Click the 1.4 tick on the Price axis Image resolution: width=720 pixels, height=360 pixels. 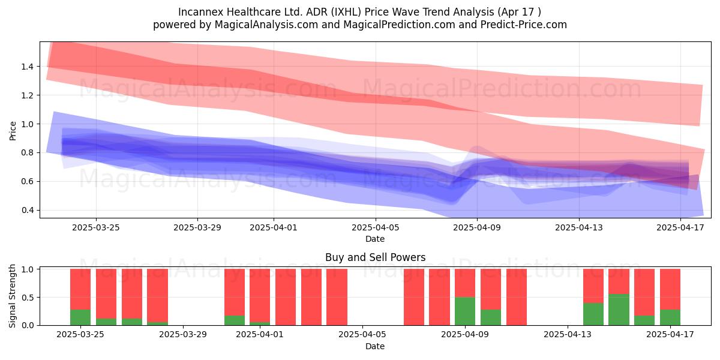point(28,67)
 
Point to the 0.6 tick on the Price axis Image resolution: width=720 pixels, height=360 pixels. point(28,181)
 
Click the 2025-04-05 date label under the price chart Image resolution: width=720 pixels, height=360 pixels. point(375,227)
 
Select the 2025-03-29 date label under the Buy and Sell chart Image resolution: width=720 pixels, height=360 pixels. point(183,335)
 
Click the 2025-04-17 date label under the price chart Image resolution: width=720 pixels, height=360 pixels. point(680,227)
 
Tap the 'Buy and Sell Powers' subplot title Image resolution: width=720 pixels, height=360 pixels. point(375,257)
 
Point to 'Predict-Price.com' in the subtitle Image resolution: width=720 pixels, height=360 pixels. point(524,25)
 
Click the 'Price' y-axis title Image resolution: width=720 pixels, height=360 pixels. point(13,131)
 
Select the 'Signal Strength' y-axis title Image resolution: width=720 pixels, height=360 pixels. point(12,296)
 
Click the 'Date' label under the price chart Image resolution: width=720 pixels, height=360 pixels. point(375,239)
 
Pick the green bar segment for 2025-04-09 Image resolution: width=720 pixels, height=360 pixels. point(465,311)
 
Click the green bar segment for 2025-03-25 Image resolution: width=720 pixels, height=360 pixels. point(80,317)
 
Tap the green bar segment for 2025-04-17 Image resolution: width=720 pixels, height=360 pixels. point(670,317)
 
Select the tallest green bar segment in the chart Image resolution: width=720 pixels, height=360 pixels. point(619,310)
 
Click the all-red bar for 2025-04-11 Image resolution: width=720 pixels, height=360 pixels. point(517,297)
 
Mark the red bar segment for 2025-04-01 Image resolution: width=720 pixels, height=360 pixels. point(260,295)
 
